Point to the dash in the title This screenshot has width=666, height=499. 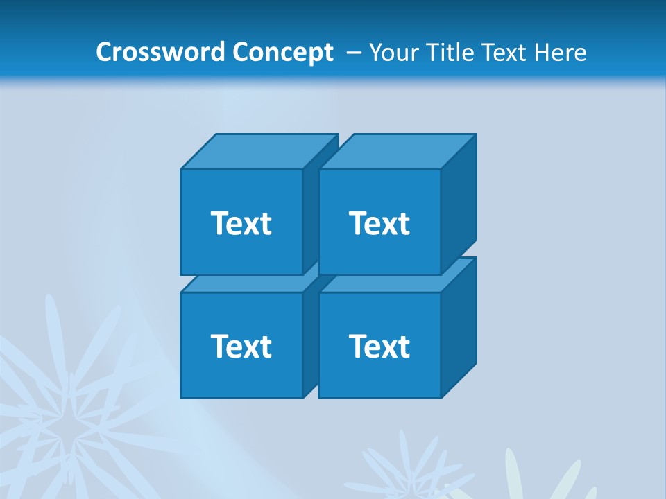click(352, 52)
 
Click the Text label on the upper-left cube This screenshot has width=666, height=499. click(241, 223)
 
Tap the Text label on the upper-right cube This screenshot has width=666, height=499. click(379, 223)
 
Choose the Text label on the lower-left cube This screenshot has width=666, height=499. click(241, 346)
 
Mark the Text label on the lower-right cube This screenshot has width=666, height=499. click(379, 346)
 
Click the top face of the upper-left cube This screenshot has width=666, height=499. click(257, 152)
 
